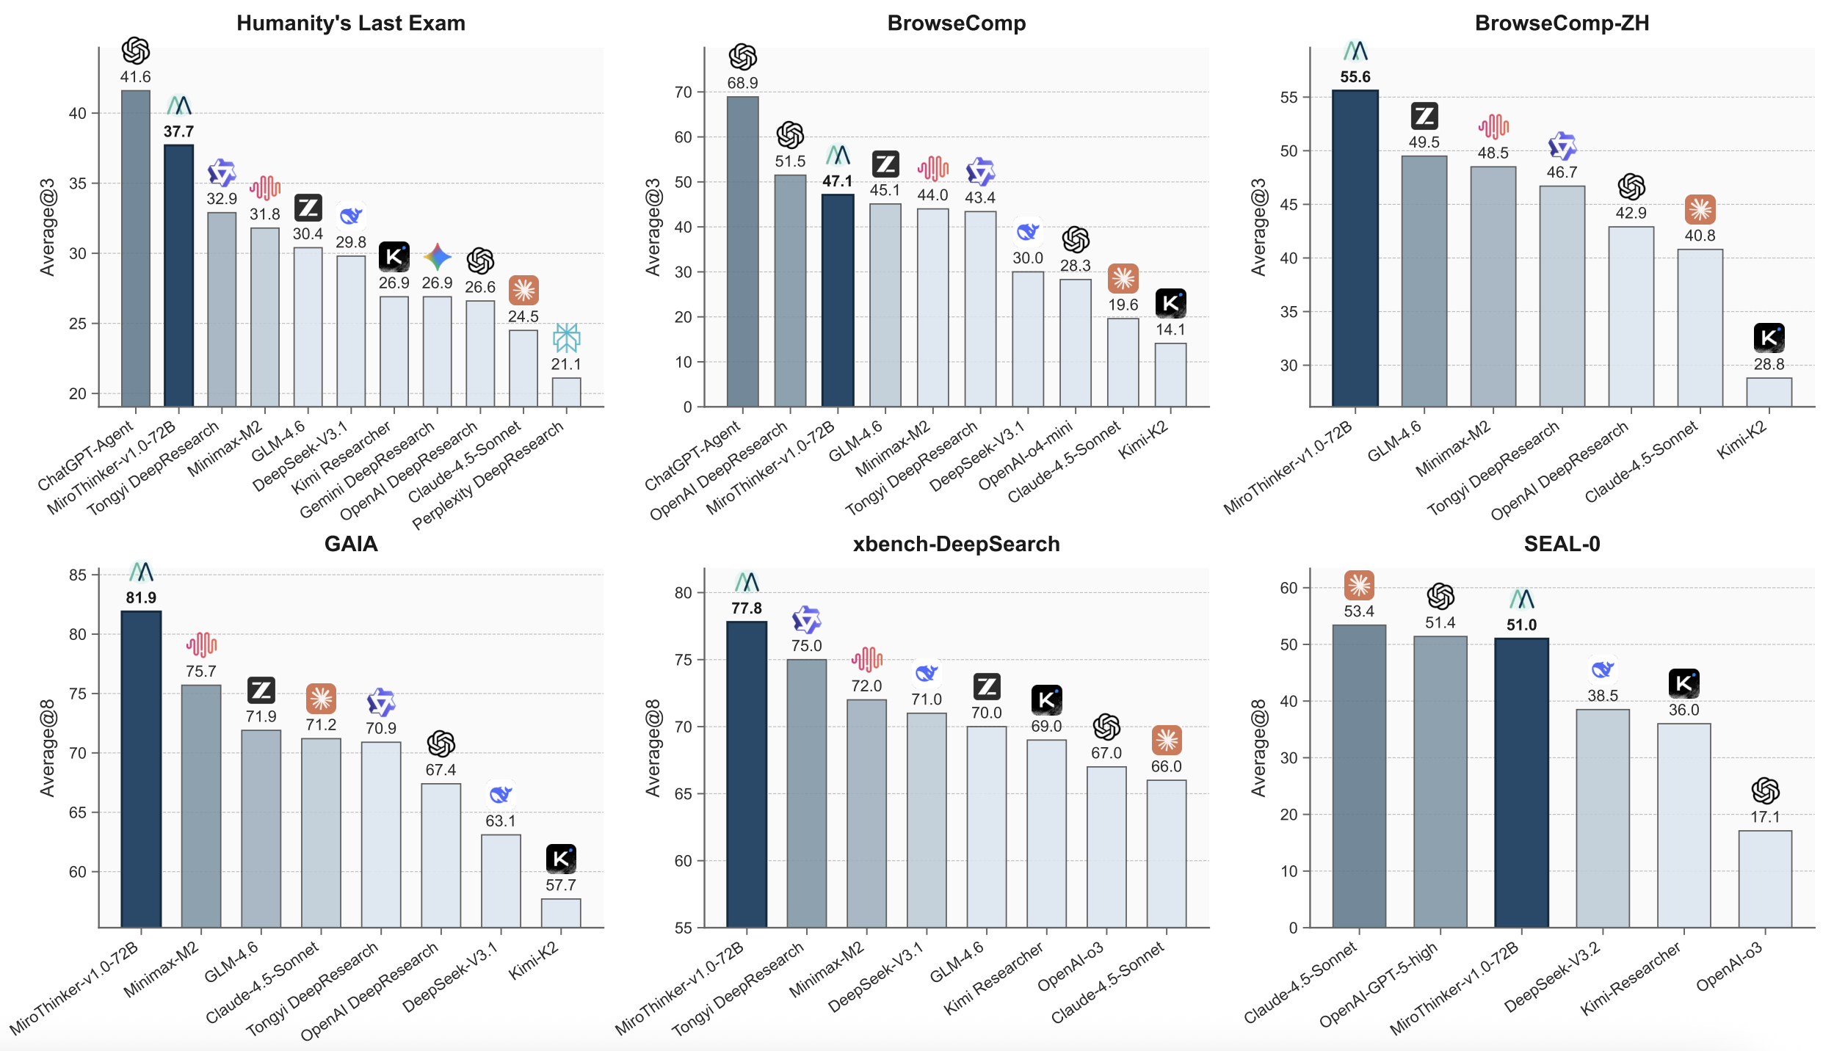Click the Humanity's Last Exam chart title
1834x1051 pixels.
coord(350,23)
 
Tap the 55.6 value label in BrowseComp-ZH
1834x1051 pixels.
coord(1355,77)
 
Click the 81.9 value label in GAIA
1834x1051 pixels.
coord(141,597)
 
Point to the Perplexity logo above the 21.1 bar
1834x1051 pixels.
coord(566,338)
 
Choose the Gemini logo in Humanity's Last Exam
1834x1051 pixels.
coord(437,257)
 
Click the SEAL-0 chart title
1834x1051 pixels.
coord(1562,544)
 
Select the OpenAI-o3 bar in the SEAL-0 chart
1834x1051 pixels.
coord(1765,879)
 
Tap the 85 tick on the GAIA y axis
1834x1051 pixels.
coord(78,575)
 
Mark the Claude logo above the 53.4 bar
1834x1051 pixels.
coord(1359,585)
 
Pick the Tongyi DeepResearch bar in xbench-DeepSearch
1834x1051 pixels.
coord(806,793)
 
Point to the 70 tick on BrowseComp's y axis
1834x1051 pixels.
coord(683,92)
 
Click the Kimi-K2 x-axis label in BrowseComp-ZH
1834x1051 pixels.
coord(1741,440)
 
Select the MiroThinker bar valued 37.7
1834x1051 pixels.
coord(178,275)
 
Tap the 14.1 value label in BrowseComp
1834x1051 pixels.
coord(1170,330)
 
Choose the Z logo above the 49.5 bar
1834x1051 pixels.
coord(1424,116)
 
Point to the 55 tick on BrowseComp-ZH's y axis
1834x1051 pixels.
coord(1288,98)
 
